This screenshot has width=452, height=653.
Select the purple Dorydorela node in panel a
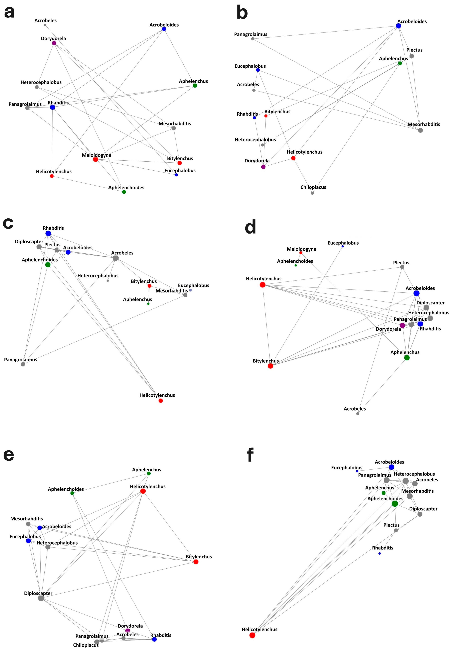54,43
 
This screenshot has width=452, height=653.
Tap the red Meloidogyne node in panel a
96,159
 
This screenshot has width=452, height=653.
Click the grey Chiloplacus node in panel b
312,193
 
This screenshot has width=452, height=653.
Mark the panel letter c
8,223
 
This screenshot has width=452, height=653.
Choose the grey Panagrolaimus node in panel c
23,364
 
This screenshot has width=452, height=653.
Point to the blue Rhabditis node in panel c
48,233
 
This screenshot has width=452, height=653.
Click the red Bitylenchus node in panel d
270,366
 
